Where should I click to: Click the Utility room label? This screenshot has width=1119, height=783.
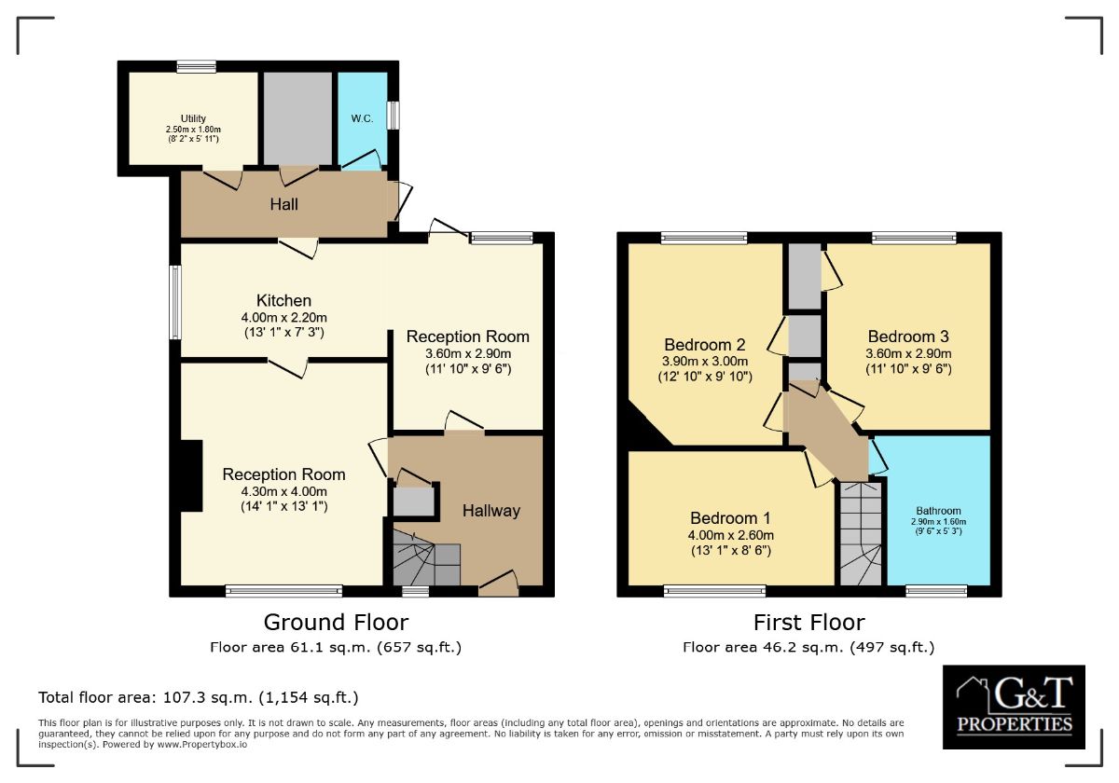[193, 118]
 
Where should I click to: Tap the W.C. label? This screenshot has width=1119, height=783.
[362, 118]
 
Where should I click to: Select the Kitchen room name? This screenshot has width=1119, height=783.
[283, 300]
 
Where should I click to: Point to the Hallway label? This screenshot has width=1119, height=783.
[491, 511]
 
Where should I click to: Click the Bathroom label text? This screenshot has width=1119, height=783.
[938, 511]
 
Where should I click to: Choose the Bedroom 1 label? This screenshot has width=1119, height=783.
[730, 518]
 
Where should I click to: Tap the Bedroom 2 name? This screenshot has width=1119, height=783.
[705, 345]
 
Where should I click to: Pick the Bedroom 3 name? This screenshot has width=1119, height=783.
[908, 337]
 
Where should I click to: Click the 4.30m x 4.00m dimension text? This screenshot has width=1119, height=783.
[283, 491]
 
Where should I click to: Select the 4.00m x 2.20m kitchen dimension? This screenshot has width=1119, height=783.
[283, 317]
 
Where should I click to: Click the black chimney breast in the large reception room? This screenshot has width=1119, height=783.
[191, 475]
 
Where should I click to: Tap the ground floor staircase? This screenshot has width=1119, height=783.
[426, 557]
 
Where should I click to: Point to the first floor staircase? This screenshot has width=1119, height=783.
[860, 533]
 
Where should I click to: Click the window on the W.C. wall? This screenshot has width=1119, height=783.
[394, 116]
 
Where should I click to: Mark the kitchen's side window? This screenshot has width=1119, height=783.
[175, 302]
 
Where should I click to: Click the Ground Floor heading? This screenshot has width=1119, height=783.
[336, 623]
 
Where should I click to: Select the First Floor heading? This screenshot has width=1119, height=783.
[808, 623]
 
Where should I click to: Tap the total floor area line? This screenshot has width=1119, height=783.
[199, 697]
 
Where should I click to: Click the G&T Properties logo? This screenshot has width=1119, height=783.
[1014, 707]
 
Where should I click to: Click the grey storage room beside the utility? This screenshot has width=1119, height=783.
[297, 118]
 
